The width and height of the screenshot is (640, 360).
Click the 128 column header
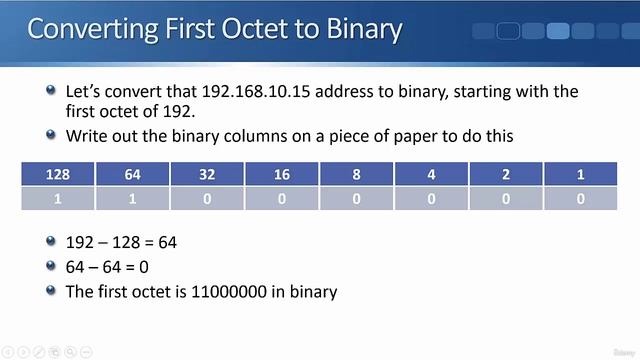click(x=58, y=175)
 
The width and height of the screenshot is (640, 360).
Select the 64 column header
click(x=132, y=175)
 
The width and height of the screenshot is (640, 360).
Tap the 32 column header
click(x=207, y=175)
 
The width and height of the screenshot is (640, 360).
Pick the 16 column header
click(x=282, y=175)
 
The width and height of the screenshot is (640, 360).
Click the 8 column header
click(x=357, y=175)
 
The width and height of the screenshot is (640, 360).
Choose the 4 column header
click(x=431, y=175)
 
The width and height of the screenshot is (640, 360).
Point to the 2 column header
click(x=506, y=175)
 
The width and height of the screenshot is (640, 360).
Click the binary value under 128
click(x=58, y=198)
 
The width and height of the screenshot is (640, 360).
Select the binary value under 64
click(x=132, y=198)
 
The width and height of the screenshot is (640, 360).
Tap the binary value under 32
click(x=207, y=198)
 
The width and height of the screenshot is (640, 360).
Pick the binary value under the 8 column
click(x=357, y=198)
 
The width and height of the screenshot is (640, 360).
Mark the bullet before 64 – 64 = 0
click(x=51, y=267)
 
